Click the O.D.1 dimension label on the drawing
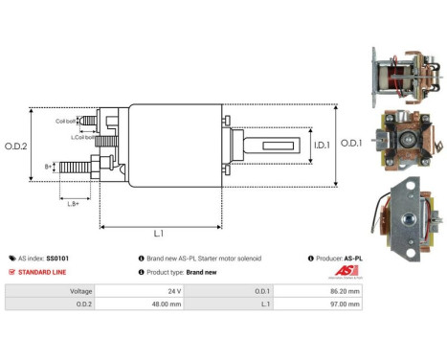click(x=351, y=145)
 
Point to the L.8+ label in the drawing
click(x=74, y=202)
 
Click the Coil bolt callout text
click(x=66, y=122)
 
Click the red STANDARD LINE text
click(x=38, y=272)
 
